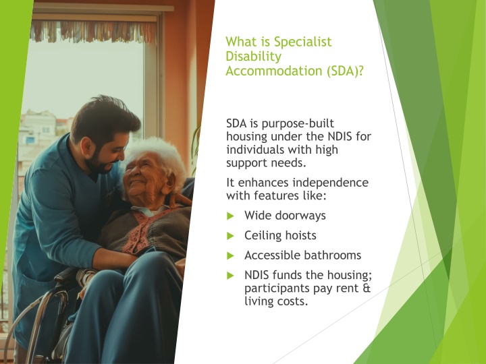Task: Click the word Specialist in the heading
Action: (302, 42)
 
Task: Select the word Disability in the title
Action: (254, 57)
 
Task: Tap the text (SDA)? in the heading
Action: (345, 71)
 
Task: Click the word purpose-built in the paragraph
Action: (298, 124)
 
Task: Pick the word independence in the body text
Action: (330, 183)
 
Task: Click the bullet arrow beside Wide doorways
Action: (230, 216)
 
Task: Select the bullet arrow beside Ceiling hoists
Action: (230, 236)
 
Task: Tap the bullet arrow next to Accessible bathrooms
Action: (230, 255)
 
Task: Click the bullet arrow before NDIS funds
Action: (230, 276)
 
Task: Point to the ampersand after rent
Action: (367, 289)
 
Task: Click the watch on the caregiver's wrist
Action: (84, 276)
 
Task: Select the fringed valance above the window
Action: (93, 32)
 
